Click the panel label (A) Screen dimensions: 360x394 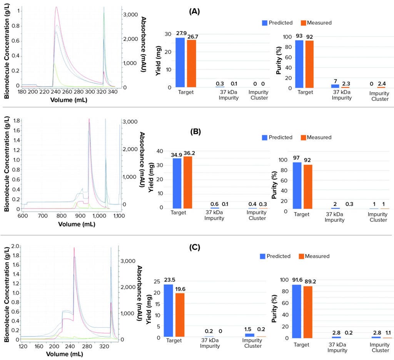[x=194, y=11]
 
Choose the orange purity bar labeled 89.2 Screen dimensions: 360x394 [x=307, y=312]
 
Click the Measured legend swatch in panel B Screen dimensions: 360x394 [x=303, y=137]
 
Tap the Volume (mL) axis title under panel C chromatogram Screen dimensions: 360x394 [x=67, y=353]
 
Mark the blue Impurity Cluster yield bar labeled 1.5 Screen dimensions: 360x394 [x=249, y=335]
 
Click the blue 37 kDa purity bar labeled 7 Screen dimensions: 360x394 [x=335, y=86]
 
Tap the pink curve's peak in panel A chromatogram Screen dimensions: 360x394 [x=57, y=7]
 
